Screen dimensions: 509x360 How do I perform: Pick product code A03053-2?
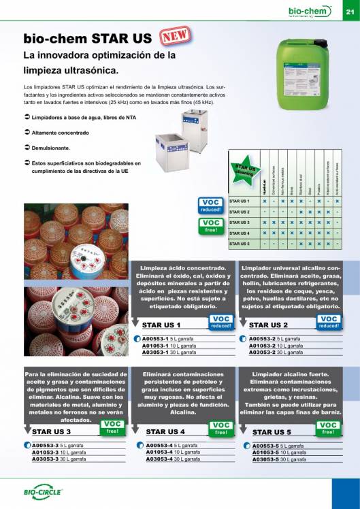pyautogui.click(x=261, y=352)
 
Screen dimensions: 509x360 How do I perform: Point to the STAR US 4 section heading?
pyautogui.click(x=165, y=431)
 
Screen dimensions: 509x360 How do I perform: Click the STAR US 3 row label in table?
pyautogui.click(x=240, y=223)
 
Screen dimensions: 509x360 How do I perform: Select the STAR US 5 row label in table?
pyautogui.click(x=240, y=243)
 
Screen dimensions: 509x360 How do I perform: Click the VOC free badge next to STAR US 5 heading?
pyautogui.click(x=327, y=428)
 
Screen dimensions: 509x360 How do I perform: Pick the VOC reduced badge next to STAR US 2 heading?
pyautogui.click(x=328, y=321)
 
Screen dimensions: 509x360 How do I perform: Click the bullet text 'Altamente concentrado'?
pyautogui.click(x=59, y=132)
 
